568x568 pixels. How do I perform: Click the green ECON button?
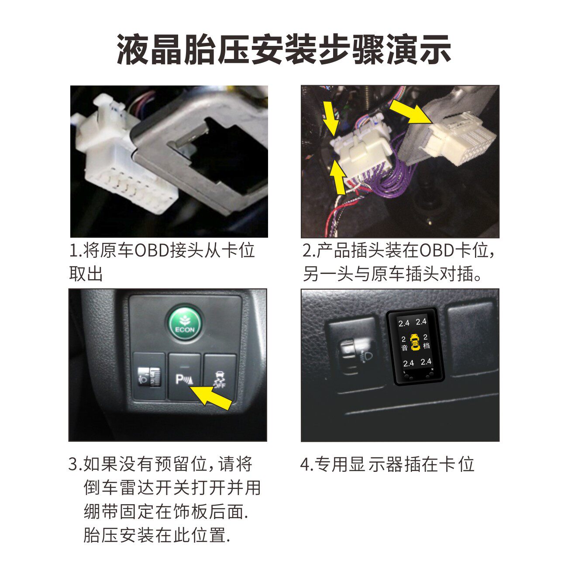pyautogui.click(x=185, y=325)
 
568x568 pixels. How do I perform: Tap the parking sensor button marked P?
pyautogui.click(x=185, y=376)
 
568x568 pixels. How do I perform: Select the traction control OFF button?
pyautogui.click(x=220, y=376)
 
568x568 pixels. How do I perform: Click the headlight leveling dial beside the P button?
pyautogui.click(x=149, y=376)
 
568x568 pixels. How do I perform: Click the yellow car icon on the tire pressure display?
pyautogui.click(x=415, y=342)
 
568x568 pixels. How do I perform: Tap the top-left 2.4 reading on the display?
pyautogui.click(x=404, y=323)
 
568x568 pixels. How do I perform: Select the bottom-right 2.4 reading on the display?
pyautogui.click(x=426, y=361)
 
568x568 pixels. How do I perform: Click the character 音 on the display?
pyautogui.click(x=404, y=348)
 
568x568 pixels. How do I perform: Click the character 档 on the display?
pyautogui.click(x=426, y=346)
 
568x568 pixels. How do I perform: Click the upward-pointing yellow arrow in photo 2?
pyautogui.click(x=338, y=177)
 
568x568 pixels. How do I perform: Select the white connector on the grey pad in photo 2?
pyautogui.click(x=455, y=138)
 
